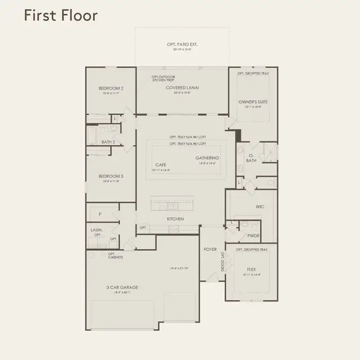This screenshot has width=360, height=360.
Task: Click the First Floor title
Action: click(60, 15)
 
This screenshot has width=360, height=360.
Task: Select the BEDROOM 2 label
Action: click(111, 88)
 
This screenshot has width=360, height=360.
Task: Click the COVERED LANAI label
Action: click(182, 88)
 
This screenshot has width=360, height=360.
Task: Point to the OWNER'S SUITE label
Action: click(251, 102)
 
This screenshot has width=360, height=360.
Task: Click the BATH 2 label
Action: click(109, 142)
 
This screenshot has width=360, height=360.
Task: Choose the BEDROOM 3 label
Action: click(111, 175)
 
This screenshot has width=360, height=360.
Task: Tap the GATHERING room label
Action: click(207, 158)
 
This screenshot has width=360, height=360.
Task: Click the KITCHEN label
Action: click(175, 219)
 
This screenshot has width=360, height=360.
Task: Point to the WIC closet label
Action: click(259, 206)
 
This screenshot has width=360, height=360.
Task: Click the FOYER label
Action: click(210, 249)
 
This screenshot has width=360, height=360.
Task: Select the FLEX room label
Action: click(251, 269)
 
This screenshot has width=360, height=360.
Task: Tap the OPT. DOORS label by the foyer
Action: click(222, 262)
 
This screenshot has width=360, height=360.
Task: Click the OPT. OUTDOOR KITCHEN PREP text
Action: click(164, 79)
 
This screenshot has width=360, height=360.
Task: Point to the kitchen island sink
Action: click(171, 206)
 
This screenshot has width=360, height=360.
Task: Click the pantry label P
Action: click(100, 214)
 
